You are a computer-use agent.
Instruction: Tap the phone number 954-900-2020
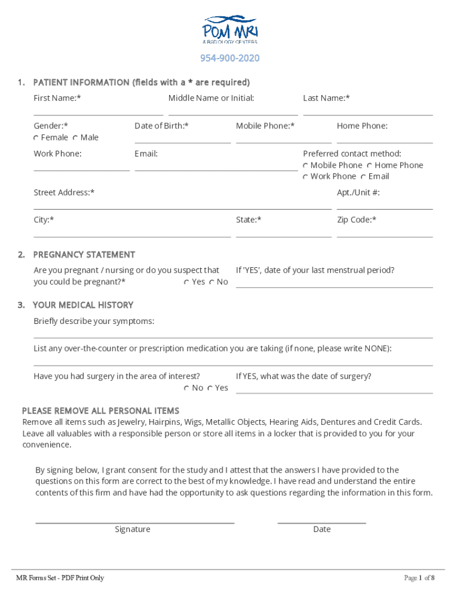pos(230,59)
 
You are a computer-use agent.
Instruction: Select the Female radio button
pos(36,138)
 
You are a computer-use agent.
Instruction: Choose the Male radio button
pos(76,138)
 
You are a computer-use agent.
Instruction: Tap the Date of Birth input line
pos(182,140)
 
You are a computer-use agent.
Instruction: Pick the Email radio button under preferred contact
pos(364,177)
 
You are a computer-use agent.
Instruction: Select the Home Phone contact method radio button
pos(370,166)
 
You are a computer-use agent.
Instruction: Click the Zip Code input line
pos(384,234)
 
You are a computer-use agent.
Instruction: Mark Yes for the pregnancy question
pos(187,282)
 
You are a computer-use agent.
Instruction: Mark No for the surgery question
pos(187,388)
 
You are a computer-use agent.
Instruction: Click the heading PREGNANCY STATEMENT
pos(84,255)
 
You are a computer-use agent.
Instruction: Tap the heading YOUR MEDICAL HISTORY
pos(83,305)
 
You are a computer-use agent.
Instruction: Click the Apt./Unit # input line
pos(384,206)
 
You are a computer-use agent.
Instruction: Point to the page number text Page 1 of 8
pos(419,578)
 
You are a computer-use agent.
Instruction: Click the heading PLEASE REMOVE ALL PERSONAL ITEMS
pos(100,411)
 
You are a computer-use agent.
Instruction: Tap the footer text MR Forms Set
pos(60,578)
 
